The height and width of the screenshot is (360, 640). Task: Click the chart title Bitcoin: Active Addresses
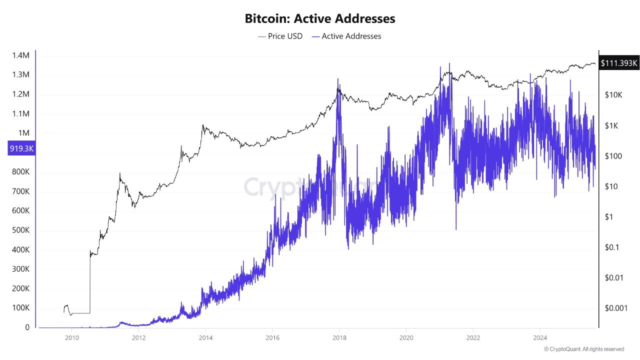tap(320, 19)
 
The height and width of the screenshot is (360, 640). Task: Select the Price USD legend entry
tap(280, 36)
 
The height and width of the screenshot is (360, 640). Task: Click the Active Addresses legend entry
tap(346, 36)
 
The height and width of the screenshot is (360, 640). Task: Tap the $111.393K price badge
tap(619, 63)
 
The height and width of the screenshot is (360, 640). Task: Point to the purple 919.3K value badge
tap(21, 148)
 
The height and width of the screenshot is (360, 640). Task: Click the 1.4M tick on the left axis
tap(20, 55)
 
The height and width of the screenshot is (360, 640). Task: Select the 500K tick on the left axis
tap(20, 230)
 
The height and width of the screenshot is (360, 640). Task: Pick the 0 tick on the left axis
tap(27, 327)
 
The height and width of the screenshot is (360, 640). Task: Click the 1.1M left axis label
tap(20, 114)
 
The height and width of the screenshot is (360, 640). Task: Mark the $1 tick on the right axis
tap(608, 217)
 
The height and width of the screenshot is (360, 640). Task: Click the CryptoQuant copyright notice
tap(583, 349)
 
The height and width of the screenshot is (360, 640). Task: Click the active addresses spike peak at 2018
tap(338, 79)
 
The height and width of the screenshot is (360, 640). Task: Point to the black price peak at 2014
tap(202, 125)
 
